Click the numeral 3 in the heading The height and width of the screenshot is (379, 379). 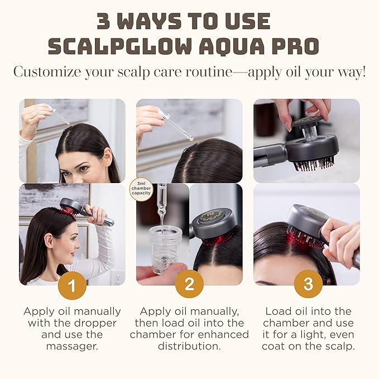click(104, 21)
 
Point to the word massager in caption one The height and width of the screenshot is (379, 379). click(72, 346)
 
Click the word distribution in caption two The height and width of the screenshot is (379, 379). click(189, 346)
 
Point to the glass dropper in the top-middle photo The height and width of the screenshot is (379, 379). click(177, 125)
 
